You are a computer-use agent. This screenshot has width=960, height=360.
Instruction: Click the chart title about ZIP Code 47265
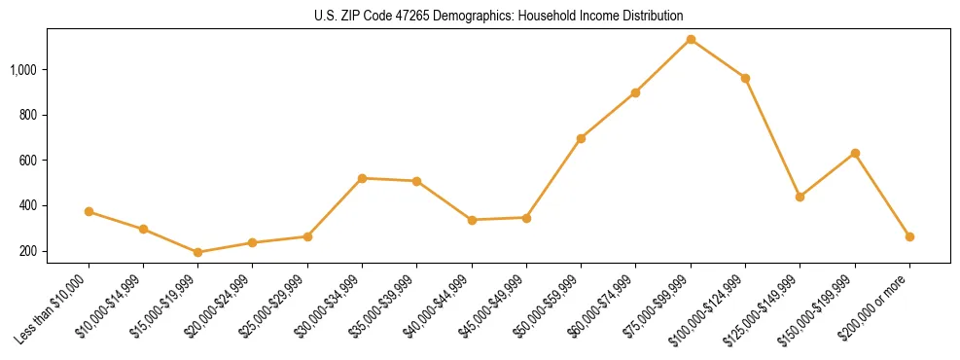tap(499, 16)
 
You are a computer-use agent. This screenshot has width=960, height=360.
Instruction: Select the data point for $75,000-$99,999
tap(691, 40)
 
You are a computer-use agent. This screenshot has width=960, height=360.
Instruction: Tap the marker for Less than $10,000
tap(89, 211)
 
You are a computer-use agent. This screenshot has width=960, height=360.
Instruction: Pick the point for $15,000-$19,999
tap(198, 252)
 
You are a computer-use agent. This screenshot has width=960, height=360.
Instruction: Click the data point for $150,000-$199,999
tap(855, 153)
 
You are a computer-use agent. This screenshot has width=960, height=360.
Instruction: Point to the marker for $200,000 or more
tap(909, 236)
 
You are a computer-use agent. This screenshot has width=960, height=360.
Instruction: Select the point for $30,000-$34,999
tap(362, 178)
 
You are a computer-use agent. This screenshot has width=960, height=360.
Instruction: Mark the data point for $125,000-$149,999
tap(800, 197)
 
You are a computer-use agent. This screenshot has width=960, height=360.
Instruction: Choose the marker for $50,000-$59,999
tap(581, 138)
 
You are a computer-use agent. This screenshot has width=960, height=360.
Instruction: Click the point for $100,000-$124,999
tap(745, 78)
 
